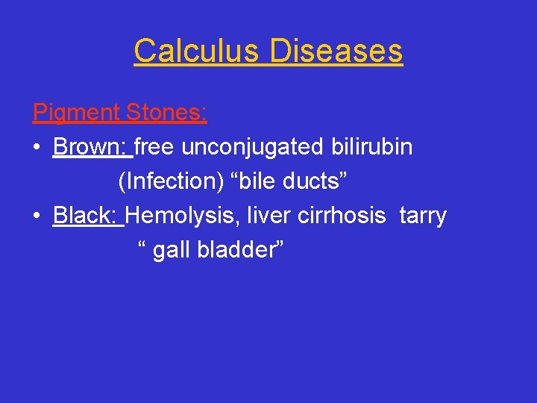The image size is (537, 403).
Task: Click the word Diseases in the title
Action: click(x=336, y=51)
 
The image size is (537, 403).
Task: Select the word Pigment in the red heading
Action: click(x=76, y=113)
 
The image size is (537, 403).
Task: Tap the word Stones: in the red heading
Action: click(x=166, y=113)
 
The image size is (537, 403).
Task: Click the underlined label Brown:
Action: click(x=91, y=147)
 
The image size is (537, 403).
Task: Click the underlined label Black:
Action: click(x=87, y=216)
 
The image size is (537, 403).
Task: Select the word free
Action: click(x=154, y=147)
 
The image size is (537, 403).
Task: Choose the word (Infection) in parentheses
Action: click(x=170, y=181)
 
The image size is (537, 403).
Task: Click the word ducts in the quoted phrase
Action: click(x=311, y=181)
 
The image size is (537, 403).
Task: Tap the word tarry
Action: click(x=423, y=216)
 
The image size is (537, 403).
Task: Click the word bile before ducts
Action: click(x=255, y=181)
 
